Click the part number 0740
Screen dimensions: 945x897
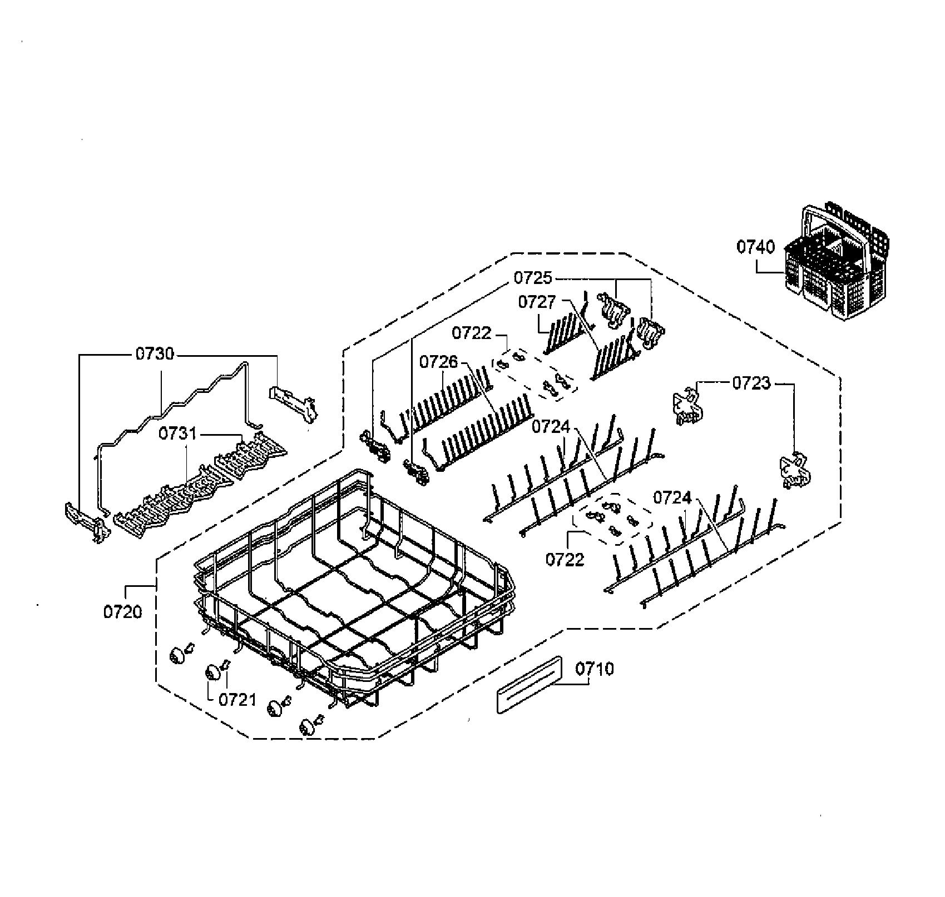(755, 246)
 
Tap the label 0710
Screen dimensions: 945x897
(595, 669)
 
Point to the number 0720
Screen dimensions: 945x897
(122, 612)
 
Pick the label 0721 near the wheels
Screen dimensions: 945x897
(238, 700)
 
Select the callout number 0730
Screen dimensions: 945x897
(155, 353)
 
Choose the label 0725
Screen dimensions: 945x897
(532, 277)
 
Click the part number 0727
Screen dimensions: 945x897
(537, 302)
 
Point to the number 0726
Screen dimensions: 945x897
(439, 362)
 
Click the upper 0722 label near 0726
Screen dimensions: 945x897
(472, 333)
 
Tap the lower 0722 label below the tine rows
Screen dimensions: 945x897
(565, 559)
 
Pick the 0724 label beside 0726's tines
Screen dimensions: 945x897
(551, 427)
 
